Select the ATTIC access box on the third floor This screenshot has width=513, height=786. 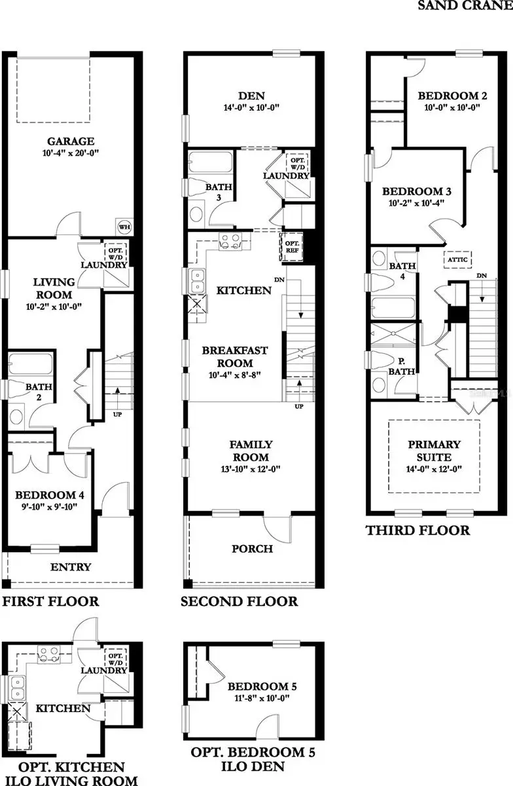457,259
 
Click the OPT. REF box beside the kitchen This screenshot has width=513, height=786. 291,247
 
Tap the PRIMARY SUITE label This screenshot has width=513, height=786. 434,451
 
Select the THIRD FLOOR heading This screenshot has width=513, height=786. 417,531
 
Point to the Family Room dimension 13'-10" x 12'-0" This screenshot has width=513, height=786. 251,470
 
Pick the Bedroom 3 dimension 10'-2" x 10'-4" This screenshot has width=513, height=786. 417,203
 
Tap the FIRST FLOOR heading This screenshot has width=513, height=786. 50,601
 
